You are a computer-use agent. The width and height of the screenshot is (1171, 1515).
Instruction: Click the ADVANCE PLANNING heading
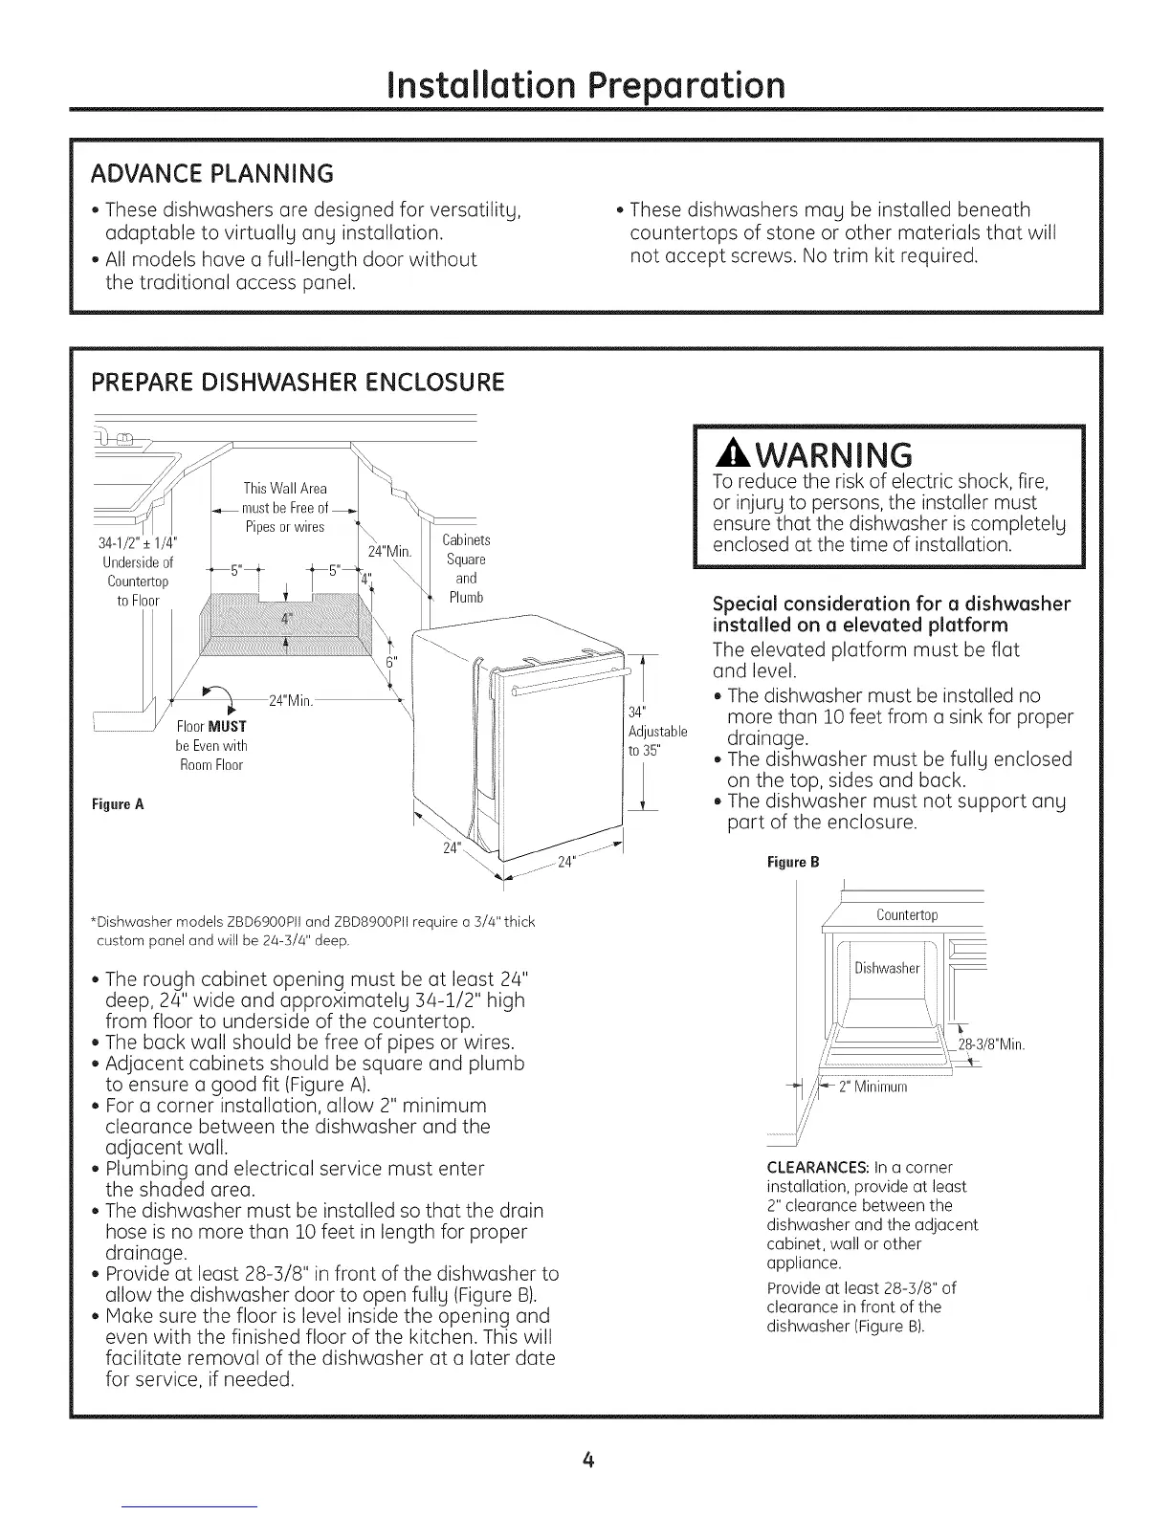click(x=211, y=173)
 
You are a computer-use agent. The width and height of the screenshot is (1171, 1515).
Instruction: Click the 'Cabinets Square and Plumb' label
click(x=467, y=568)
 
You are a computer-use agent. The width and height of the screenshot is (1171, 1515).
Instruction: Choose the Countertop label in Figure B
click(x=907, y=915)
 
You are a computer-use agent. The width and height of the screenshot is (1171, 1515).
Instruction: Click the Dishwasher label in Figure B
click(x=887, y=968)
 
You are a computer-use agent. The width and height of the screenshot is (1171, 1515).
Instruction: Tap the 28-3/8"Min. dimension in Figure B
click(x=991, y=1044)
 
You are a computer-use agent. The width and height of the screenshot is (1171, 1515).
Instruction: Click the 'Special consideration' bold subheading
click(x=892, y=614)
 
